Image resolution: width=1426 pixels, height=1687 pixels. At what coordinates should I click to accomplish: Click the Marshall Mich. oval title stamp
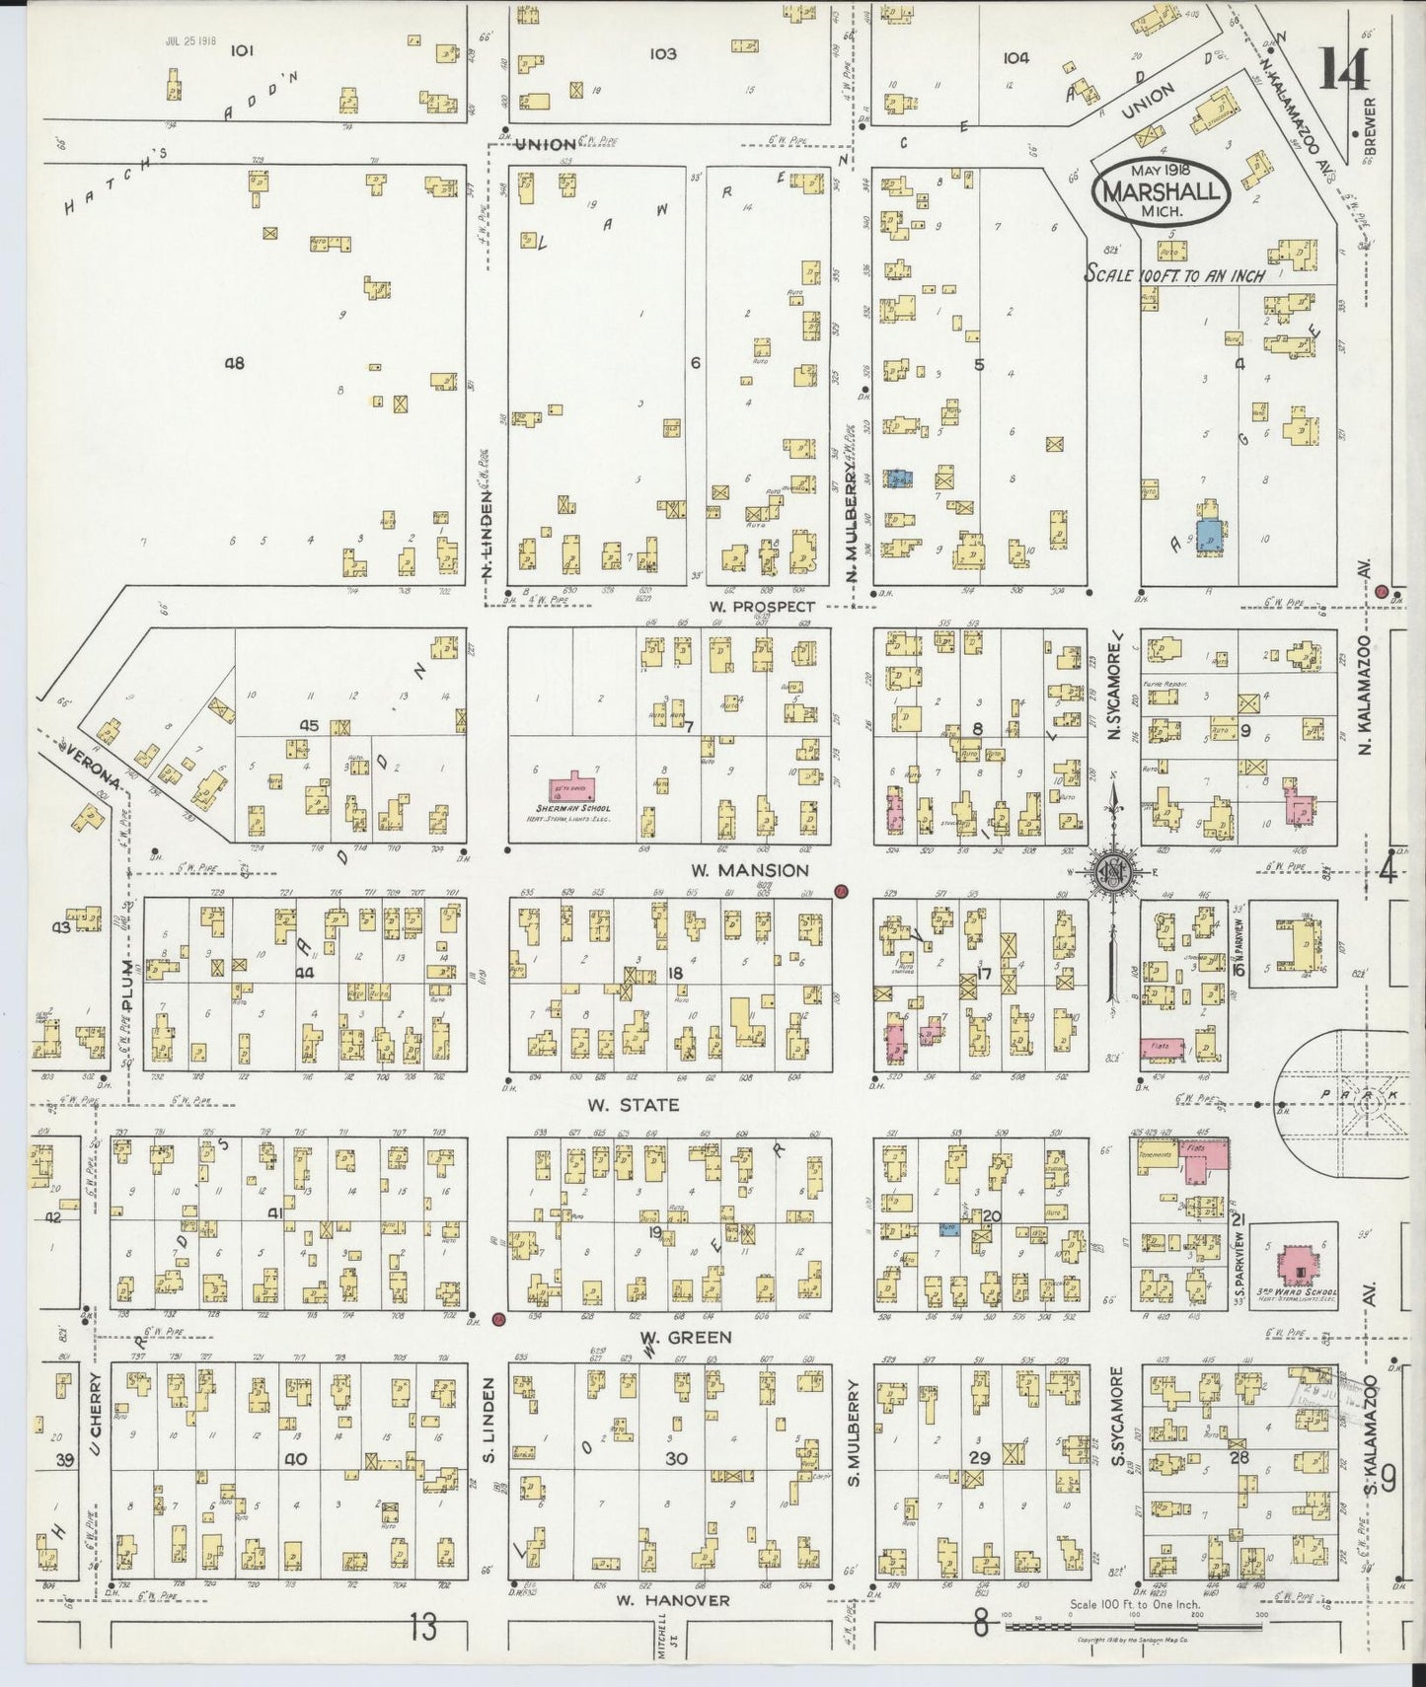1162,190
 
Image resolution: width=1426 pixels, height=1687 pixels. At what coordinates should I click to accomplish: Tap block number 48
234,363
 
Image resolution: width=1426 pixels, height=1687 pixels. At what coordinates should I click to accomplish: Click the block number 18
676,974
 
